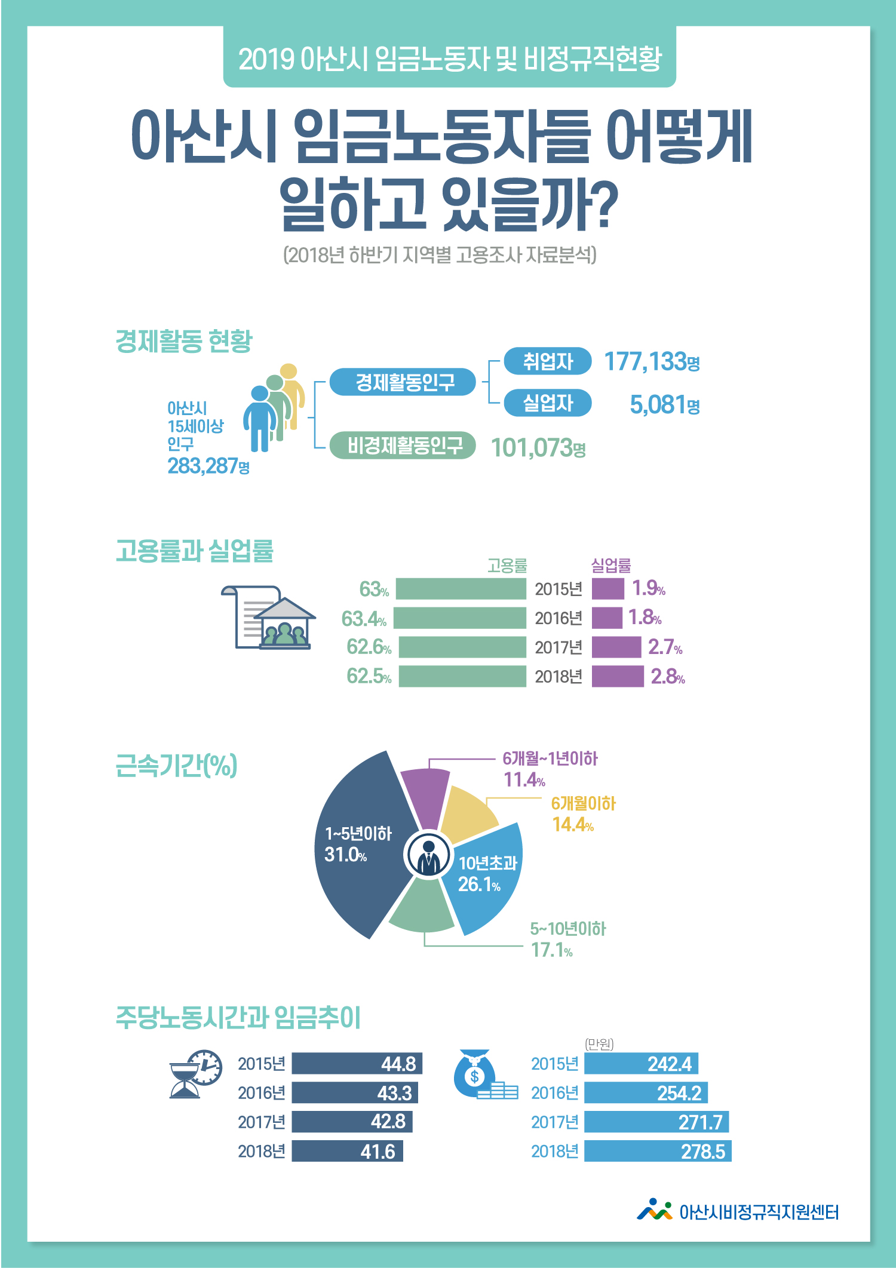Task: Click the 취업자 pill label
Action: [x=547, y=361]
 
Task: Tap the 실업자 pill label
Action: [x=547, y=403]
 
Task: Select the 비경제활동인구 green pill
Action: [x=405, y=446]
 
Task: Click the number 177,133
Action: [x=645, y=361]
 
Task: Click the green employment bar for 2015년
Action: [x=461, y=589]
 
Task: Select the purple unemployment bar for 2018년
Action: [x=618, y=676]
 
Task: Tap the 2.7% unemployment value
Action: [x=665, y=647]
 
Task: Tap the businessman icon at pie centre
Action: [x=428, y=855]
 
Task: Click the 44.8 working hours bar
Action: [x=357, y=1064]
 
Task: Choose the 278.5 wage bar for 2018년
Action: [x=657, y=1151]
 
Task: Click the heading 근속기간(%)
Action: [x=176, y=766]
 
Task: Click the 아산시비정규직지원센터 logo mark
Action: [x=654, y=1210]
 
